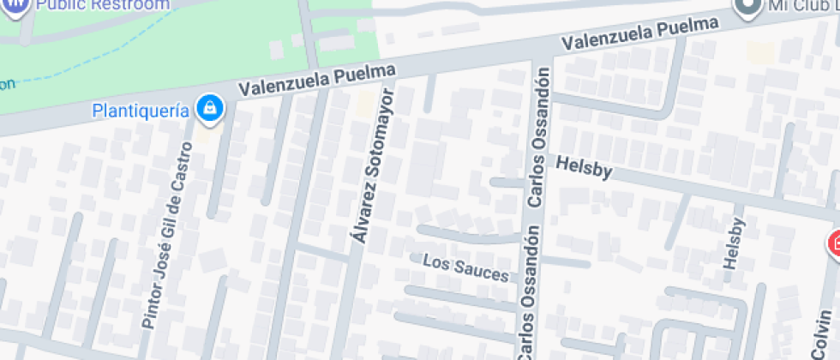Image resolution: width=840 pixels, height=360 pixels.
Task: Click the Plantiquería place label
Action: point(141,111)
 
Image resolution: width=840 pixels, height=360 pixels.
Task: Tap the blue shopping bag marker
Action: point(208,109)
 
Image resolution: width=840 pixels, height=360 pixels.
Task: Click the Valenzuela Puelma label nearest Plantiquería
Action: point(316,80)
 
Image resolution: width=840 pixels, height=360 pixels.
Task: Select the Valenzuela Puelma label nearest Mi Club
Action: point(639,33)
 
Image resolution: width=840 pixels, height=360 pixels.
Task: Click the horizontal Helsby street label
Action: point(585,168)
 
